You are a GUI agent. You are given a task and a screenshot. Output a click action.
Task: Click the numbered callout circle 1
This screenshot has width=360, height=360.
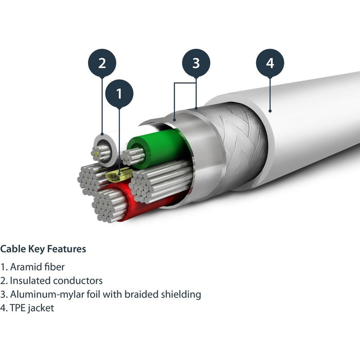click(x=119, y=94)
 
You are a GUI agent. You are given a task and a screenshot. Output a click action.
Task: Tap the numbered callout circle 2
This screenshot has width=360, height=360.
click(x=102, y=63)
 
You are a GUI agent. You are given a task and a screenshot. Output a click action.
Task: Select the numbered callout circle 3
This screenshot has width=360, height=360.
click(x=196, y=63)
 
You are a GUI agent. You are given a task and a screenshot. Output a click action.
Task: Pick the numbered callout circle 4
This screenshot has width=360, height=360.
click(x=270, y=63)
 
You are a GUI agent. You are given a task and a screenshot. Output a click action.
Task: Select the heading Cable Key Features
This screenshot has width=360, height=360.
click(x=43, y=249)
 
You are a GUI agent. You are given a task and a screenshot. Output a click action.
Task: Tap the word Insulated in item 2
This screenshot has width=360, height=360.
click(x=29, y=281)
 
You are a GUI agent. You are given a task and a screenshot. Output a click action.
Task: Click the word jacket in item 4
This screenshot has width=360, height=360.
click(x=41, y=309)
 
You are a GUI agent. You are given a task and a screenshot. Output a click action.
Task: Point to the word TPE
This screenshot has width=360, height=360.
click(x=18, y=309)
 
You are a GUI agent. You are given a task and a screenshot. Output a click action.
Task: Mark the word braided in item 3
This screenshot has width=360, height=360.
click(x=141, y=295)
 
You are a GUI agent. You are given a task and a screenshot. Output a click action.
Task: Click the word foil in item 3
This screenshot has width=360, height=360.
click(x=90, y=295)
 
